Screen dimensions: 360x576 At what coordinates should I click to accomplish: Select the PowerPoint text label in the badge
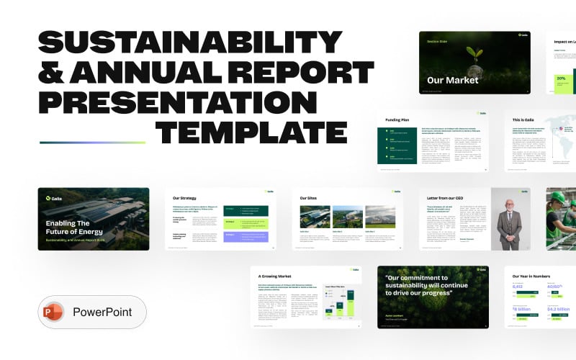click(x=103, y=313)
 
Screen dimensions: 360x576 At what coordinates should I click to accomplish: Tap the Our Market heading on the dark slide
click(x=452, y=80)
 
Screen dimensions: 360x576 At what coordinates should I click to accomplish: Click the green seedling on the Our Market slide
click(x=475, y=55)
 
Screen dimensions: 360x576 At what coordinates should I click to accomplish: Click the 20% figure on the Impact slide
click(x=560, y=78)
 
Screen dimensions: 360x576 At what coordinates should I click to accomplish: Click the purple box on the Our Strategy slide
click(x=245, y=236)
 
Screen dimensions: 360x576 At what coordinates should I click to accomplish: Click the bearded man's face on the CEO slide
click(x=511, y=203)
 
